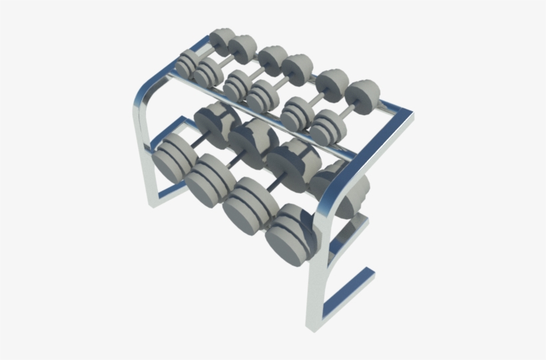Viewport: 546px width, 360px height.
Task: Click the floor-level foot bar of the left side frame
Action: click(166, 193)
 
